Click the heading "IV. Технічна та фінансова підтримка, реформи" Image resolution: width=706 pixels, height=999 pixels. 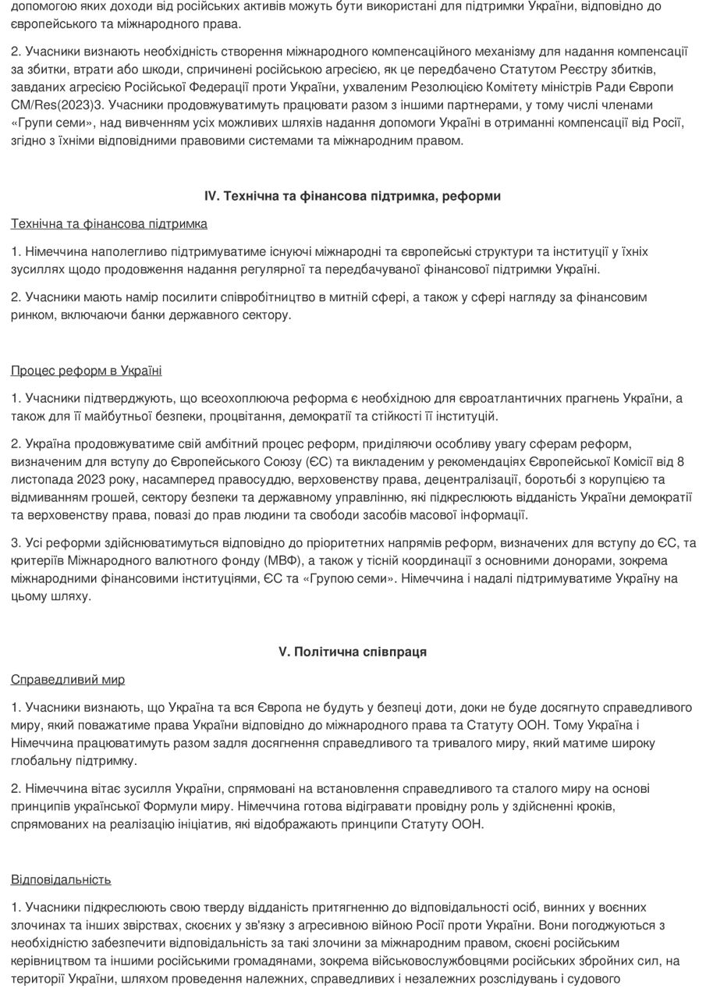coord(353,196)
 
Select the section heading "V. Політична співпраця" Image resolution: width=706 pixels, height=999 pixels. coord(353,652)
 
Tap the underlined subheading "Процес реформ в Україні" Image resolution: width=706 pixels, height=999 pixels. coord(87,371)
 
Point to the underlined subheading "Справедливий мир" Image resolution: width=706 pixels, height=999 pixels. coord(68,680)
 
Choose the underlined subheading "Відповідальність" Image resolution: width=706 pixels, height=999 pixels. coord(61,880)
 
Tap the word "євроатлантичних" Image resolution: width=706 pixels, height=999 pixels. coord(506,398)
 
